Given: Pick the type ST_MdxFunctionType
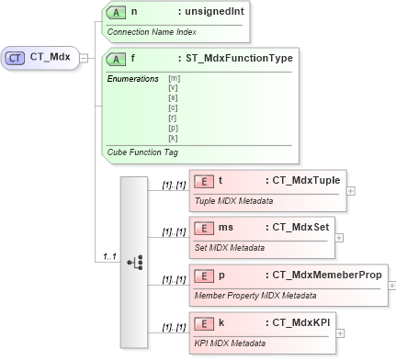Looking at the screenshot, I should [235, 59].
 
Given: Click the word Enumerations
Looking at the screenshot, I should [133, 79].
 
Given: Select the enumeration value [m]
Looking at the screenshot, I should [174, 79].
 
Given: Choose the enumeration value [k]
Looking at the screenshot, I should [174, 137].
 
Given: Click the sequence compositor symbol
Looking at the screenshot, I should [134, 262].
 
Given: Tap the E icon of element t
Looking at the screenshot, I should [204, 181].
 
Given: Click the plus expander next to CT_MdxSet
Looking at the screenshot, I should [340, 236].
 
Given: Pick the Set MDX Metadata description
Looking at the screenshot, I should [229, 247].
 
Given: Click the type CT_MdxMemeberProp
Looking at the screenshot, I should [322, 275].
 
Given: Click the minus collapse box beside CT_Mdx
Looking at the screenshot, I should [84, 58].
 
